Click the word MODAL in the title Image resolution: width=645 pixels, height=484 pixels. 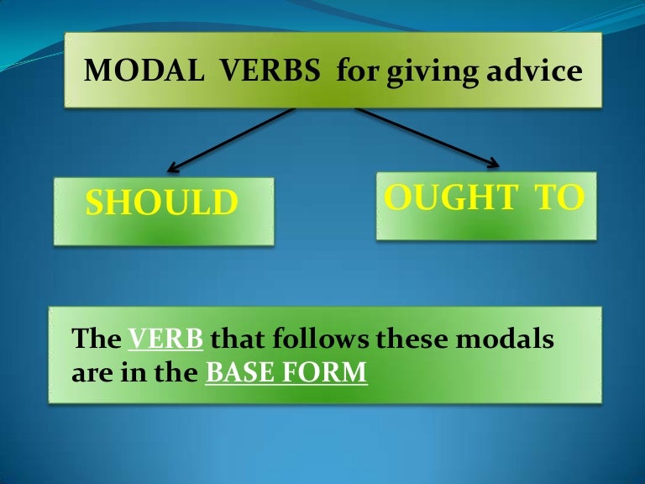(144, 71)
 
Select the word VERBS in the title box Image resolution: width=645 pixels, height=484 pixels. (270, 71)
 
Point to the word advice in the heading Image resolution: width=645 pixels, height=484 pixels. (535, 71)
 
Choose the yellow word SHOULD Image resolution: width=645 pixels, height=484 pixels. (162, 202)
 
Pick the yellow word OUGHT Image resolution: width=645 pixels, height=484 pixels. (451, 197)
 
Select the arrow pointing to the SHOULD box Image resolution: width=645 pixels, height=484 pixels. (231, 140)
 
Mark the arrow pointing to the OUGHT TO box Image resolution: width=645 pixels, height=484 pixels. (427, 138)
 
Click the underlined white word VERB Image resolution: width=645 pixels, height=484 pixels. (165, 339)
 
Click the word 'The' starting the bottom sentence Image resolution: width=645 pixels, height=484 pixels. (97, 339)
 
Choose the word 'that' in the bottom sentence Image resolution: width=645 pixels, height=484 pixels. (237, 339)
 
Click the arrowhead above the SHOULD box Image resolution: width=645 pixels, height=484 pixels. (172, 168)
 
